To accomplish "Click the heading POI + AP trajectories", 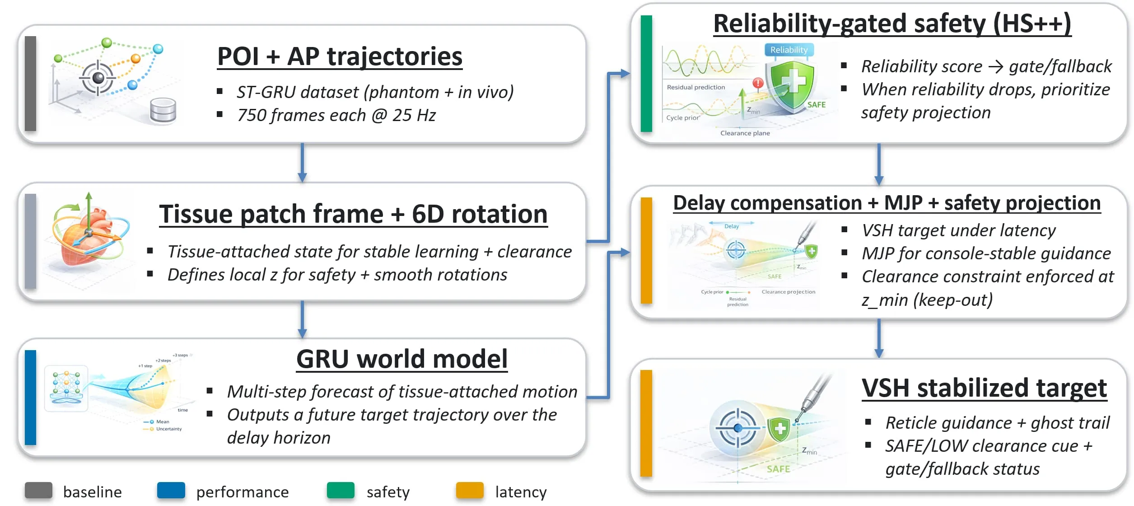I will click(340, 57).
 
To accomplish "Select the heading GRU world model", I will click(401, 359).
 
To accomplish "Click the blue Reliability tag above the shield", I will click(789, 50).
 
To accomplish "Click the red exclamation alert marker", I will click(758, 83).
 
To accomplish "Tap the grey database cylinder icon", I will click(163, 110).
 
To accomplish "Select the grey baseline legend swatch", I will click(38, 491).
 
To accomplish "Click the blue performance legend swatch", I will click(171, 491).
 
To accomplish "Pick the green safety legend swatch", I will click(341, 491).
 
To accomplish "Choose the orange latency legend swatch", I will click(470, 491).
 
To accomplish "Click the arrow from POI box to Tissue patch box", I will click(302, 163).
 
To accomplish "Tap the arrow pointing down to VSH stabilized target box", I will click(878, 338).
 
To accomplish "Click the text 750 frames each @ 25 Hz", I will click(336, 116).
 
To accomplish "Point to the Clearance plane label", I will click(745, 133).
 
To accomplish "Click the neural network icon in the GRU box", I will click(66, 388).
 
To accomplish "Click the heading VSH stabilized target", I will click(984, 388).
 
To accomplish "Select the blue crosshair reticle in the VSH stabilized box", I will click(737, 427).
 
